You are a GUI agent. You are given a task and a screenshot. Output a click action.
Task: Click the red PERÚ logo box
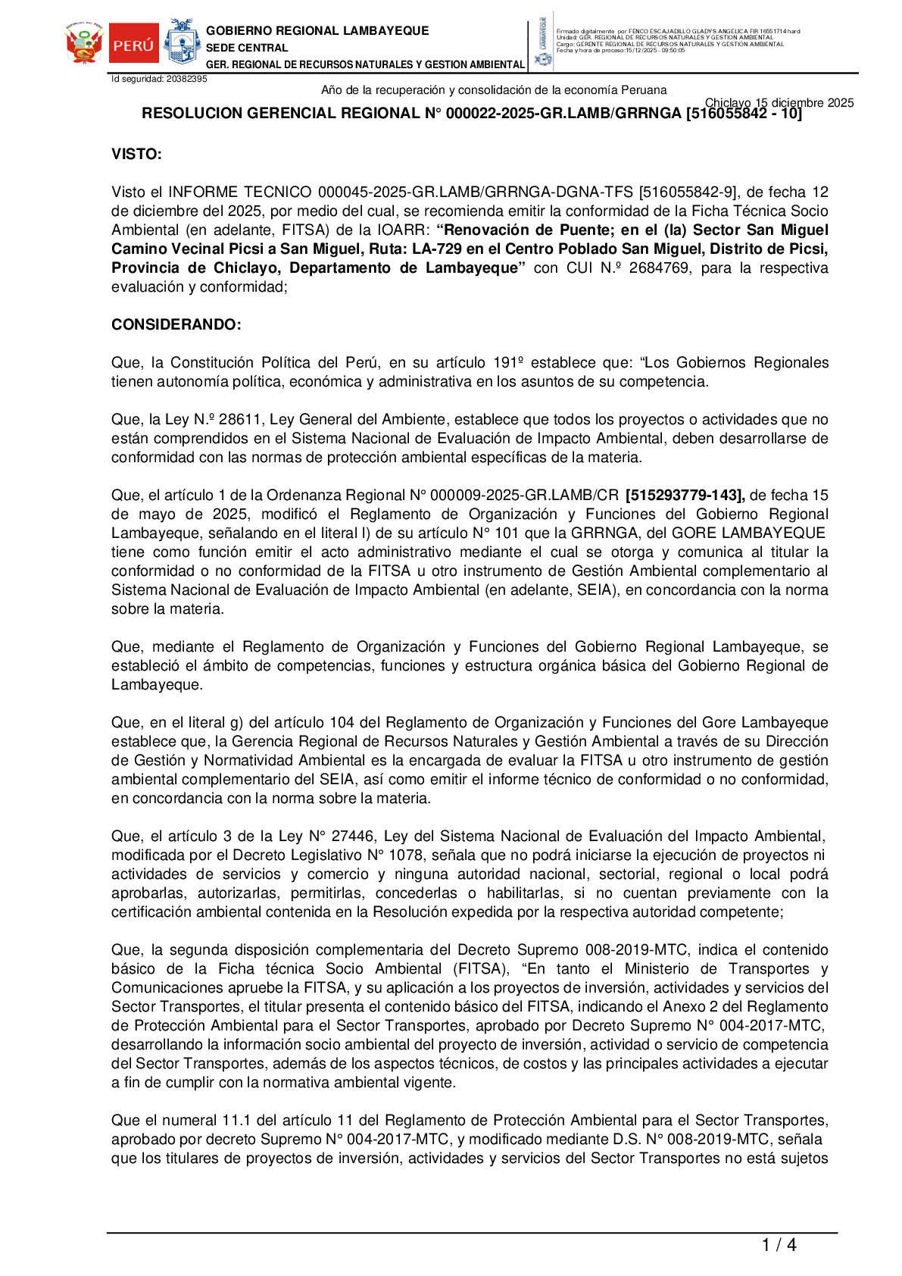133,44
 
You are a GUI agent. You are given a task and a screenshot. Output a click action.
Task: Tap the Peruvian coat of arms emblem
84,44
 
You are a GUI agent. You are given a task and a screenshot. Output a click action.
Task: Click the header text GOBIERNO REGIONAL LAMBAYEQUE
317,31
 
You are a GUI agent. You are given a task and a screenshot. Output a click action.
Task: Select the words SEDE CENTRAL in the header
247,48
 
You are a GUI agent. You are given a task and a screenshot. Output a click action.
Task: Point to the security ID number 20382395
186,79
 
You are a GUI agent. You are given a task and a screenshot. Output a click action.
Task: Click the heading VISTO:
136,155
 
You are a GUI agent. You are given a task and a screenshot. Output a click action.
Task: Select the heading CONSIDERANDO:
176,325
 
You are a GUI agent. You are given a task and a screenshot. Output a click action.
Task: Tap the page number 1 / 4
779,1245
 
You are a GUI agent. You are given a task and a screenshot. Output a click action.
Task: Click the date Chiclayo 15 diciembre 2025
779,103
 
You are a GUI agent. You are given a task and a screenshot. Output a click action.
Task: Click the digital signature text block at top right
678,41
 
